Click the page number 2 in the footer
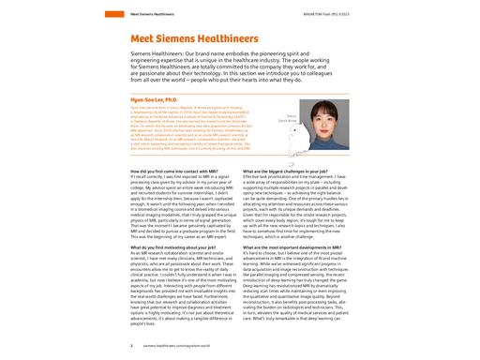click(x=127, y=345)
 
